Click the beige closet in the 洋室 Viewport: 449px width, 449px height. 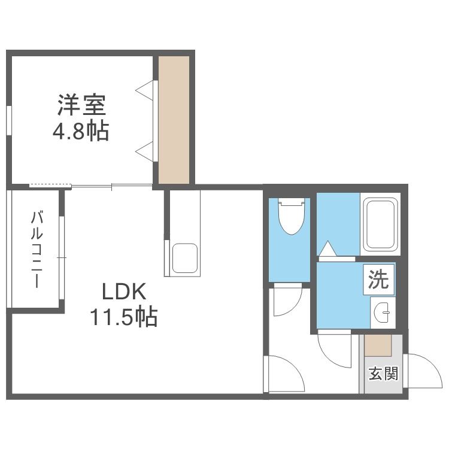click(x=174, y=120)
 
